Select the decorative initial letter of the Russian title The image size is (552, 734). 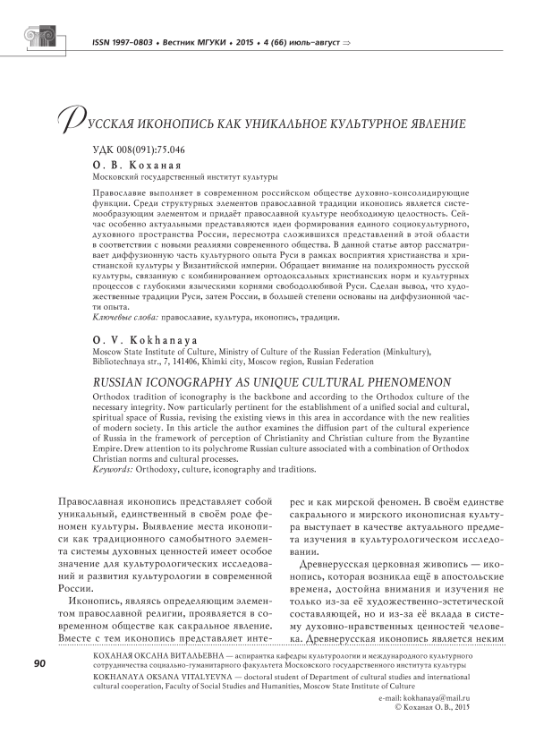click(67, 117)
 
